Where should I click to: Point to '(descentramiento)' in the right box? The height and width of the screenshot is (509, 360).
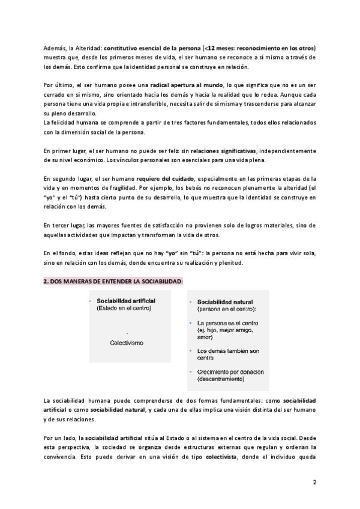pos(221,379)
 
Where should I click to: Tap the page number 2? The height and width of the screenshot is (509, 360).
pos(314,482)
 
